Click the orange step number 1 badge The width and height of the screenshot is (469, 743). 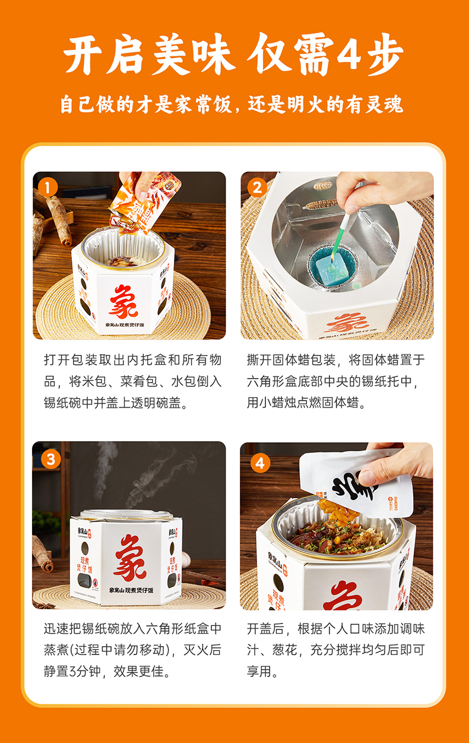(x=47, y=188)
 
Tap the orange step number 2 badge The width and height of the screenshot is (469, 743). (x=257, y=188)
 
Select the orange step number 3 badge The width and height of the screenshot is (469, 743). (x=50, y=459)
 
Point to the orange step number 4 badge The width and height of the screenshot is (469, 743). (x=261, y=462)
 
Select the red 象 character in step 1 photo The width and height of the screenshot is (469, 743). (x=123, y=301)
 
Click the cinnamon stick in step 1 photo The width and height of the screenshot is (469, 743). (x=58, y=218)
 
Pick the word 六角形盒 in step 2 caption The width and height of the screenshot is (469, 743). (x=272, y=382)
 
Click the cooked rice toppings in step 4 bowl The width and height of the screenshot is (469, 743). (x=338, y=537)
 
